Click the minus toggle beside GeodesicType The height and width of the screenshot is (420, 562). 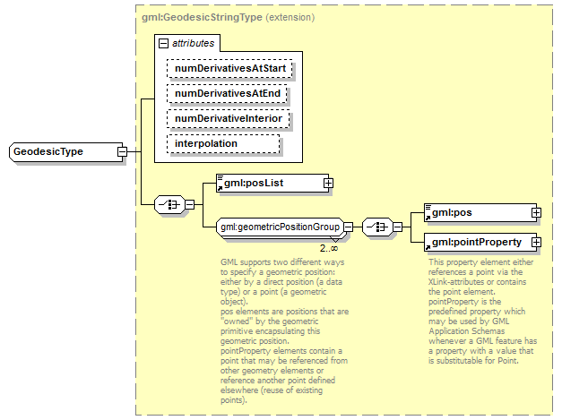pos(121,152)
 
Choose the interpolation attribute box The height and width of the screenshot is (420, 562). pos(223,143)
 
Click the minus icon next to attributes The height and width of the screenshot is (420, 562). pos(162,43)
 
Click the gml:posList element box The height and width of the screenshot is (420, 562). pos(269,183)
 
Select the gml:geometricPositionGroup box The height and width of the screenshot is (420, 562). pos(280,227)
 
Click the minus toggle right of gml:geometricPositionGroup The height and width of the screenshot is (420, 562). pos(349,227)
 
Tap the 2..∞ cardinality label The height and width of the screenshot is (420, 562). pos(329,247)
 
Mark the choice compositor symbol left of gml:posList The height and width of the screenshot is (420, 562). pos(170,205)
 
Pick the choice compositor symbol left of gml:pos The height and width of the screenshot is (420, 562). pos(377,227)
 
